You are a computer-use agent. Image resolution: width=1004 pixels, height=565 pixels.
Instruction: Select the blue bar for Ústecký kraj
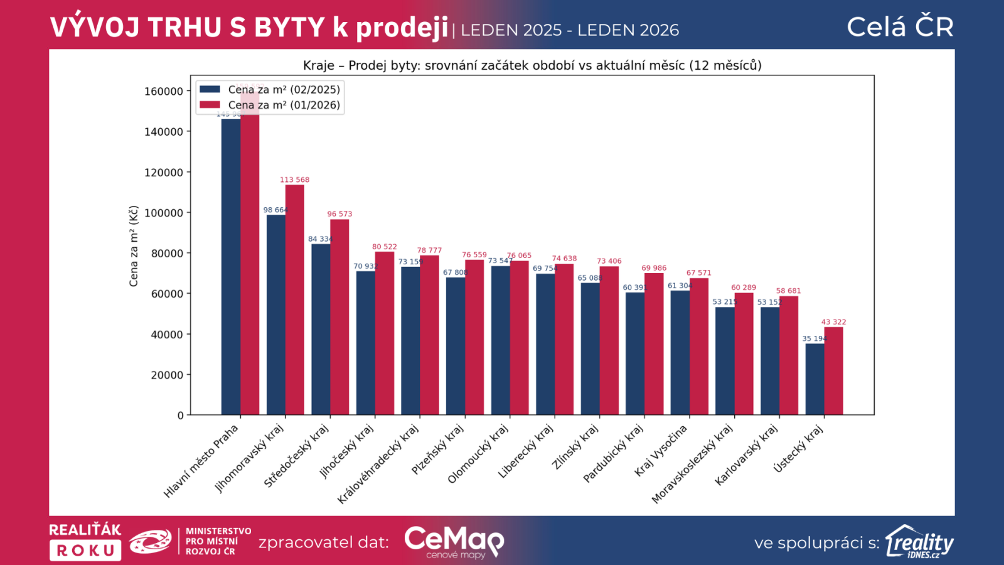click(x=814, y=379)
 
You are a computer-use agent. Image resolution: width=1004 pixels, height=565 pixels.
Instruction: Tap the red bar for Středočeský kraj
click(x=339, y=317)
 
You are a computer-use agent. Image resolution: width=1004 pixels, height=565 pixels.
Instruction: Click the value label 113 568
click(x=294, y=180)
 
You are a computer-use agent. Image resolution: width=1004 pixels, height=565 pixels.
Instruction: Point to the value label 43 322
click(x=833, y=322)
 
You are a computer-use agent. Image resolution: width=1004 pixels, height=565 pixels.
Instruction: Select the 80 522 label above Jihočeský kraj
click(x=384, y=247)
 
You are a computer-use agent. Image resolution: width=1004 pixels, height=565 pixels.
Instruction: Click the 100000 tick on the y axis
click(x=164, y=213)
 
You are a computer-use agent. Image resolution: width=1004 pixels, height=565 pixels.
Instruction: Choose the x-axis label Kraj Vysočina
click(x=661, y=451)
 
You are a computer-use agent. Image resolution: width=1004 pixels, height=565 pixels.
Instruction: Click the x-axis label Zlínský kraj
click(x=575, y=447)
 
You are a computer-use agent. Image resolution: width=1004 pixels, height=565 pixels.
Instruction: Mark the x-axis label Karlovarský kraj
click(x=746, y=455)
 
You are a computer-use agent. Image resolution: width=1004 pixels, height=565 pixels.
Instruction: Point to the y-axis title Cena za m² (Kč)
click(x=133, y=246)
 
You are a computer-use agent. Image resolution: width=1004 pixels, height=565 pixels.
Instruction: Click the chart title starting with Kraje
click(x=532, y=65)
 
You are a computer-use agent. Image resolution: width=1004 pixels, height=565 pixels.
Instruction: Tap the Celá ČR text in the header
click(x=900, y=27)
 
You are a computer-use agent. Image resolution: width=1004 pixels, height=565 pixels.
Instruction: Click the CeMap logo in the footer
click(x=454, y=541)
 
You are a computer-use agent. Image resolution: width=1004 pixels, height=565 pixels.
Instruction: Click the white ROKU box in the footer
click(x=85, y=551)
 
